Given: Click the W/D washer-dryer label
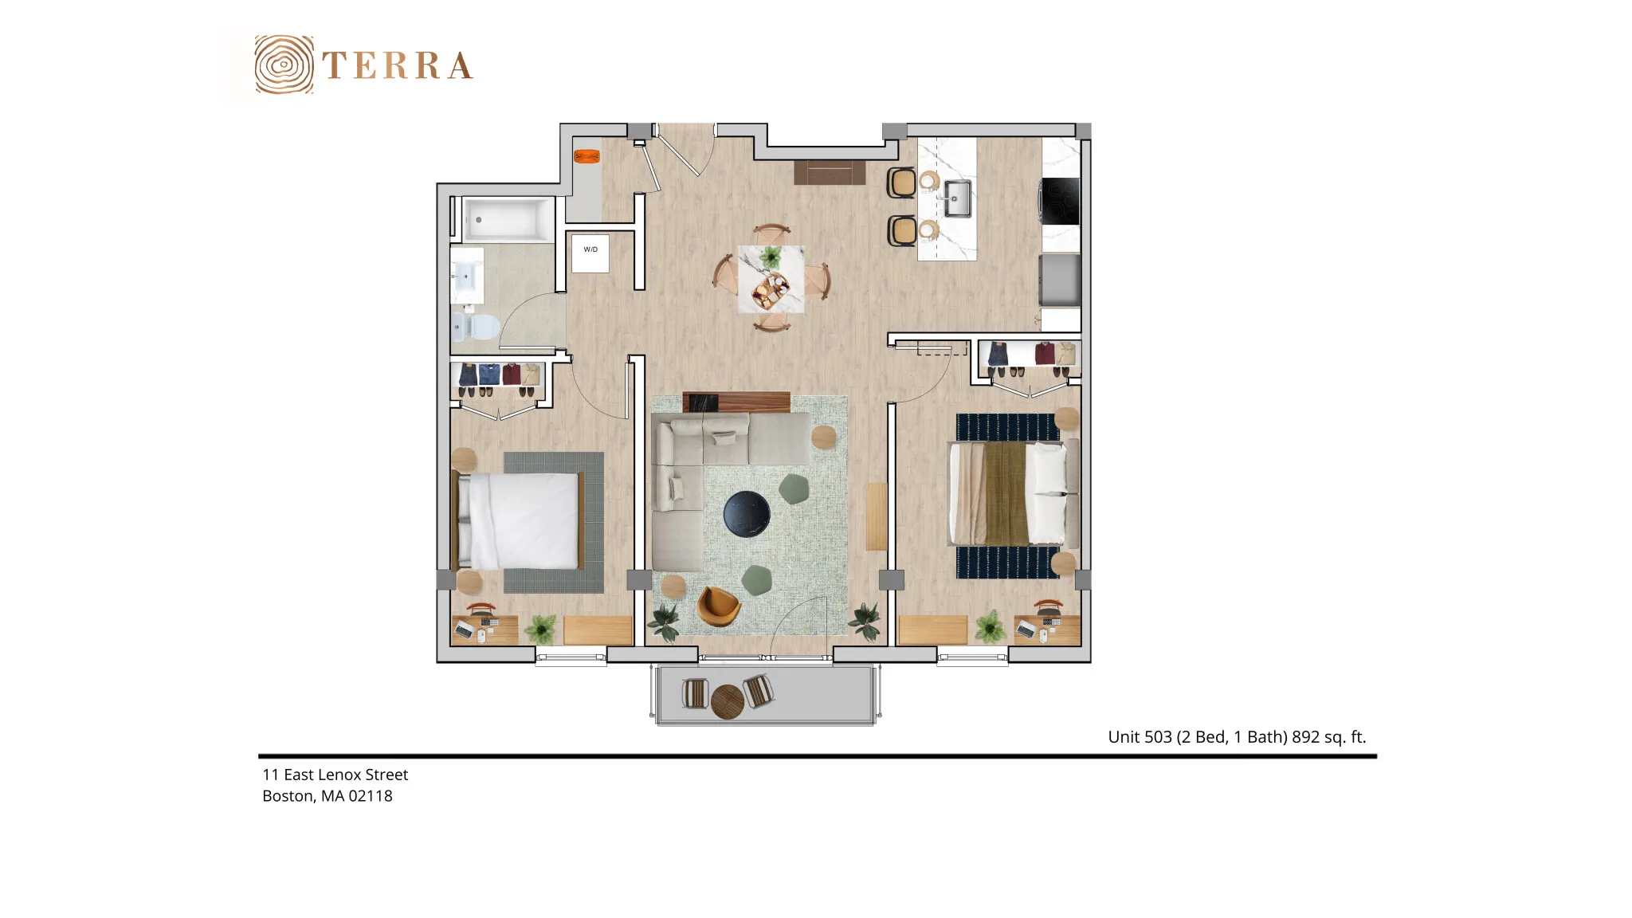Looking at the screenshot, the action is pyautogui.click(x=590, y=249).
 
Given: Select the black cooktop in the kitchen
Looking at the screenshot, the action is pyautogui.click(x=1061, y=201).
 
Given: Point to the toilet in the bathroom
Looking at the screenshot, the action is pyautogui.click(x=475, y=326).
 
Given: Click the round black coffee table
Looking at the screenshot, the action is pyautogui.click(x=747, y=514).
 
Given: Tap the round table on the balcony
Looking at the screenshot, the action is pyautogui.click(x=727, y=702).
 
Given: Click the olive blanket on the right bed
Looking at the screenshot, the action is pyautogui.click(x=1006, y=493).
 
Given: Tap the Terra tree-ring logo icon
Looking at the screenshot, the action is pyautogui.click(x=284, y=65).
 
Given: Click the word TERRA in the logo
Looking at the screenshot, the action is pyautogui.click(x=398, y=66).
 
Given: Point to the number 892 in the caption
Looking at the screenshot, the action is pyautogui.click(x=1305, y=737).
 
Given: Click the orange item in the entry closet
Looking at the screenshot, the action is pyautogui.click(x=587, y=156).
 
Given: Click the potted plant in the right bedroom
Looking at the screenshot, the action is pyautogui.click(x=991, y=626).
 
